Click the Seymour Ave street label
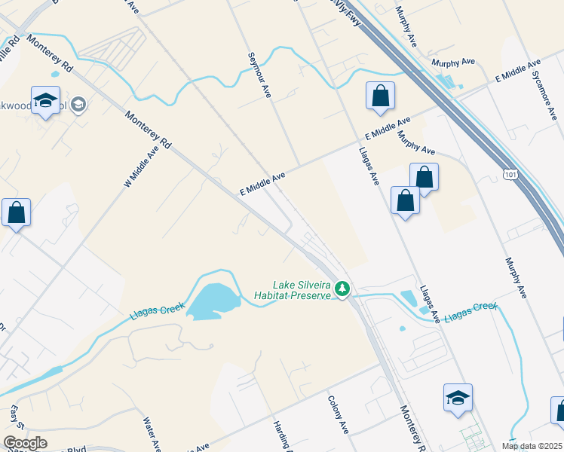pyautogui.click(x=258, y=75)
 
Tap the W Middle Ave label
pyautogui.click(x=143, y=166)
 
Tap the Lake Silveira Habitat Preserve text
pyautogui.click(x=302, y=291)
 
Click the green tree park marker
pyautogui.click(x=342, y=289)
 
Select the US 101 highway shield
pyautogui.click(x=512, y=175)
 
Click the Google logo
pyautogui.click(x=26, y=443)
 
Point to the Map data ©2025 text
pyautogui.click(x=532, y=446)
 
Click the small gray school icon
pyautogui.click(x=77, y=105)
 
